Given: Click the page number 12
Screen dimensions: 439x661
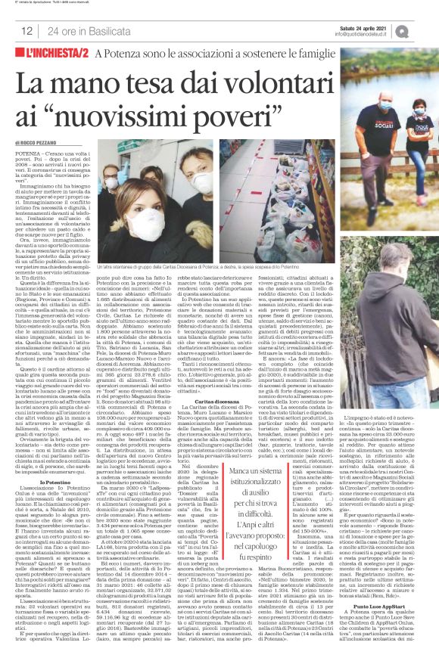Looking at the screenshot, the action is [x=26, y=31].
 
